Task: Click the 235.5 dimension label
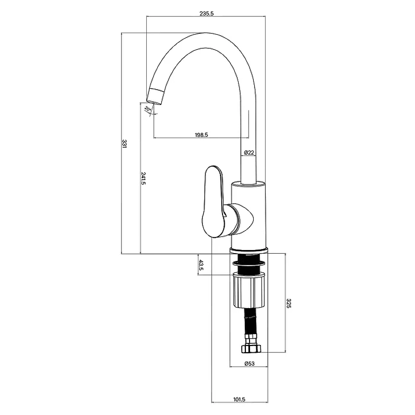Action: pyautogui.click(x=206, y=14)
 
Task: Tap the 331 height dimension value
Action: pyautogui.click(x=125, y=144)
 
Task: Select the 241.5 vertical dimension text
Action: pyautogui.click(x=143, y=178)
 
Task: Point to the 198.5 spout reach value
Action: pyautogui.click(x=201, y=135)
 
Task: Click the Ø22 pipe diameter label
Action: pyautogui.click(x=249, y=153)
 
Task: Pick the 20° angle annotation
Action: pyautogui.click(x=147, y=108)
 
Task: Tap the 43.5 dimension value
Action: pyautogui.click(x=201, y=265)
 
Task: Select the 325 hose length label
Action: pyautogui.click(x=288, y=303)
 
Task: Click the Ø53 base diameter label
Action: pyautogui.click(x=249, y=364)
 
